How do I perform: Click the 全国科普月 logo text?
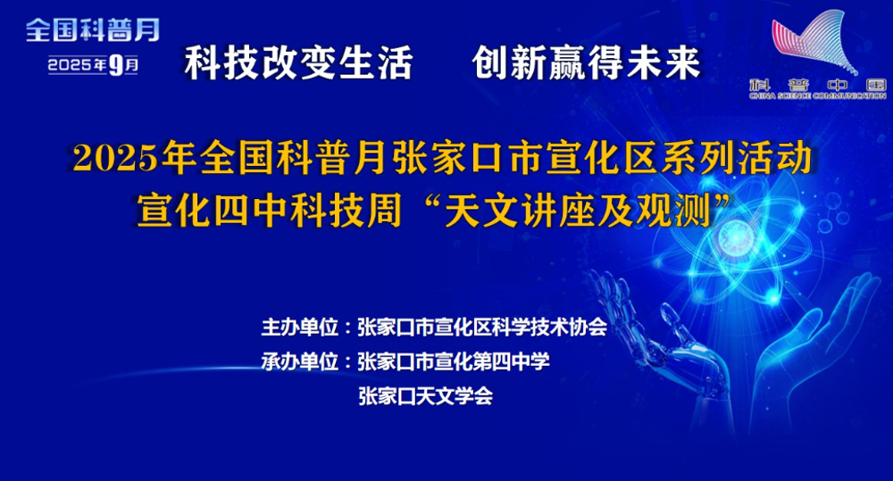(93, 30)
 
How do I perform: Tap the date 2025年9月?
(93, 65)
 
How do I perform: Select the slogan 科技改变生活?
(298, 62)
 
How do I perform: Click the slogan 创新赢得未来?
(586, 62)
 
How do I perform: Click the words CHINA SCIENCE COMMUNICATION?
(818, 96)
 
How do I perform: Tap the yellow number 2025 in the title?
(115, 158)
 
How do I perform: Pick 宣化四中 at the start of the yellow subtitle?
(212, 211)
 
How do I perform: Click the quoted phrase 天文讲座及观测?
(578, 211)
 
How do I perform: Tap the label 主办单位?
(299, 328)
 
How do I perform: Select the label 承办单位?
(299, 361)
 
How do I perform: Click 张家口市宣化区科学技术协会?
(482, 328)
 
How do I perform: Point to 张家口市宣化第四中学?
(454, 361)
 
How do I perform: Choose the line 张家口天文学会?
(425, 396)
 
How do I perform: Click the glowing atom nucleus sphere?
(735, 238)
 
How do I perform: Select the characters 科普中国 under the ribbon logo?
(818, 86)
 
